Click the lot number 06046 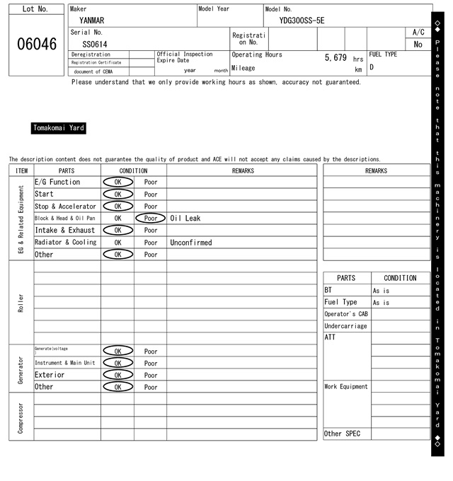point(36,44)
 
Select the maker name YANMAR point(93,21)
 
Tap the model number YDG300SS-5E point(302,21)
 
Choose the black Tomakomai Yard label point(59,128)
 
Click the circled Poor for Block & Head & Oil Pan point(151,218)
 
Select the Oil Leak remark point(185,218)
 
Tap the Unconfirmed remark point(191,242)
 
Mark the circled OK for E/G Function point(117,182)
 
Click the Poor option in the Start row point(151,194)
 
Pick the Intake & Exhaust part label point(65,230)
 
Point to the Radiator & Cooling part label point(65,242)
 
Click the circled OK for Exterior point(117,375)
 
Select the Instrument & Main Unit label point(64,363)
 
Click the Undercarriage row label point(345,326)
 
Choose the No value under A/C point(418,45)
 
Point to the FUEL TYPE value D point(372,68)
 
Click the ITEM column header point(21,170)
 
